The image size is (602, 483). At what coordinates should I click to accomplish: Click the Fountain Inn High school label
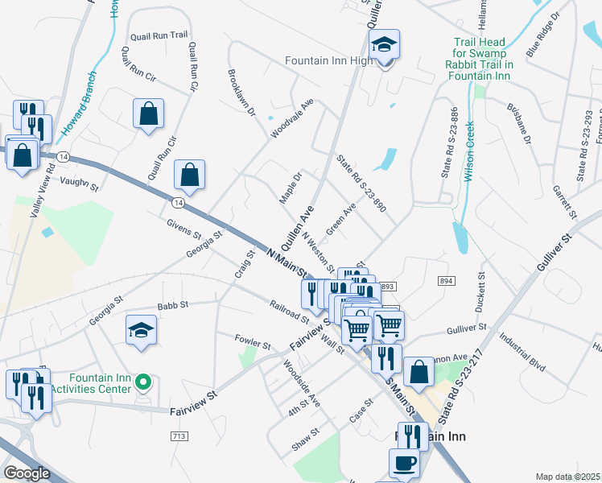[328, 60]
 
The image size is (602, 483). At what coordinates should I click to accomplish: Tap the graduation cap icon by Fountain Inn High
[386, 46]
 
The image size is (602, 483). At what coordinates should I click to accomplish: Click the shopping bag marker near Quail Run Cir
[149, 114]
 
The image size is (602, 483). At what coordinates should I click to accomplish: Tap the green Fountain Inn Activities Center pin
[143, 382]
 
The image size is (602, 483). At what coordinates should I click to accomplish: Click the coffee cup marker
[405, 464]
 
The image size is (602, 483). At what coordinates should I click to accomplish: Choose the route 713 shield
[179, 436]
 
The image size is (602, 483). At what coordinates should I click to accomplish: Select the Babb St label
[172, 305]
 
